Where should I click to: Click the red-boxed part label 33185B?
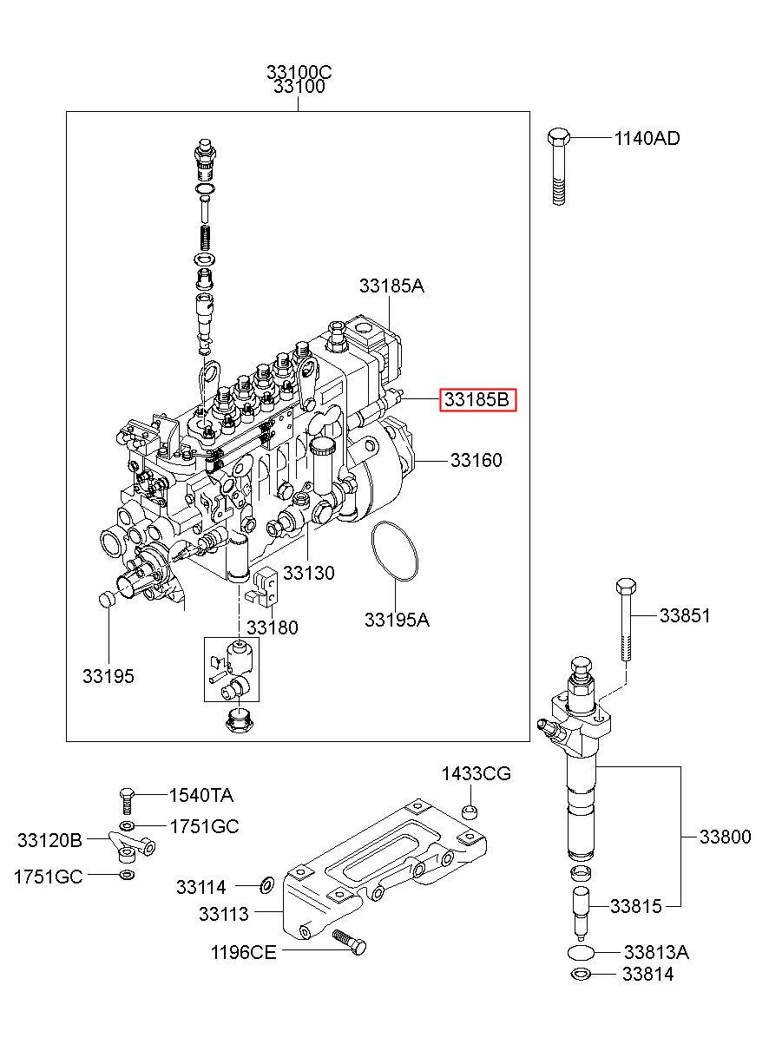tap(477, 400)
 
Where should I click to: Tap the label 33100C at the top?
tap(299, 72)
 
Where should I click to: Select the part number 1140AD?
tap(647, 138)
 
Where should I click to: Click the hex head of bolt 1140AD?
tap(558, 136)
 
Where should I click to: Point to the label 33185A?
tap(391, 286)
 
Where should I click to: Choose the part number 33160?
tap(477, 460)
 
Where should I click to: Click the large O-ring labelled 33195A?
tap(394, 551)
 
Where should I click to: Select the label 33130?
tap(309, 573)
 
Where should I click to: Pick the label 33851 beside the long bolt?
tap(685, 615)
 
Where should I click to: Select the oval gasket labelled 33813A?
tap(581, 953)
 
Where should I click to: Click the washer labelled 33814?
tap(582, 974)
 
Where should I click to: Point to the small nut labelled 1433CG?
tap(470, 811)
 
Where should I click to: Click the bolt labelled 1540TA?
tap(126, 801)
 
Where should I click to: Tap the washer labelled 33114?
tap(267, 885)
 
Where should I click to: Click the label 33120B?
tap(49, 840)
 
